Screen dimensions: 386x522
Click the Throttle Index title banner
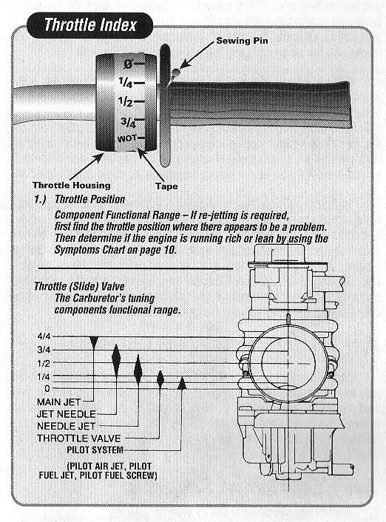pos(89,25)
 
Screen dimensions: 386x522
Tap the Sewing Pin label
pos(242,41)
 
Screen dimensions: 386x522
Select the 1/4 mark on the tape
pos(126,83)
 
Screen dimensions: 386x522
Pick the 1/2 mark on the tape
pos(126,102)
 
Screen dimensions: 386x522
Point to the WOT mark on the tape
pos(127,138)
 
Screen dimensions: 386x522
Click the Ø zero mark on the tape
pos(128,64)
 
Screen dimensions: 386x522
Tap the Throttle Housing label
pos(72,185)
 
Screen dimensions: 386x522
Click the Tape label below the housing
pos(166,186)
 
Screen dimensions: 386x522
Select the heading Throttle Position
pos(90,199)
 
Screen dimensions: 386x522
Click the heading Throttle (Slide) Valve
pos(79,286)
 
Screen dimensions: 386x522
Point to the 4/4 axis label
pos(44,336)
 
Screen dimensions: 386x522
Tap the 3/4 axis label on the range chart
pos(44,350)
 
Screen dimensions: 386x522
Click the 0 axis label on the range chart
pos(47,388)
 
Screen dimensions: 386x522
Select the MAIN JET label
pos(59,402)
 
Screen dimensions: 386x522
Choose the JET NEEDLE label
pos(67,414)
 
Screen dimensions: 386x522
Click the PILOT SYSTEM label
pos(95,450)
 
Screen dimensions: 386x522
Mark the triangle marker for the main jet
pos(94,342)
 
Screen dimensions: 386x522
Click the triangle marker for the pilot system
pos(181,383)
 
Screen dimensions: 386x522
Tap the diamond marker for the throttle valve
pos(160,379)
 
